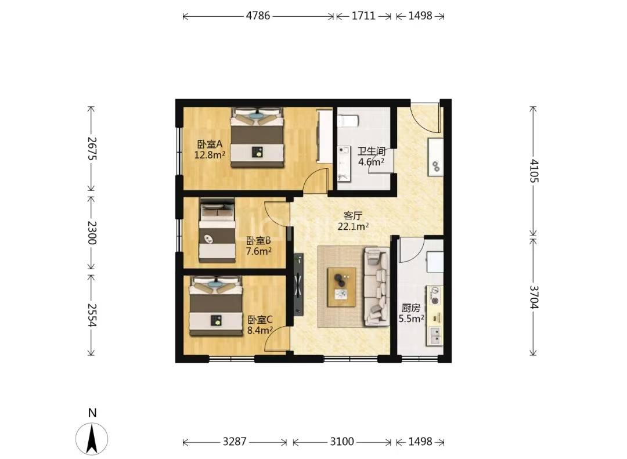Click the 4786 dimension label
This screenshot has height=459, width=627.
tap(258, 16)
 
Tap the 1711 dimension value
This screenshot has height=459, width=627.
tap(363, 16)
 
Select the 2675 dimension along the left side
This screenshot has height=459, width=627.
tap(92, 149)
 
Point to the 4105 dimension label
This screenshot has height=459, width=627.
tap(534, 171)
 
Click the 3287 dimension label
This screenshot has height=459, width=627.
tap(235, 442)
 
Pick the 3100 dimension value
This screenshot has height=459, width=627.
tap(342, 442)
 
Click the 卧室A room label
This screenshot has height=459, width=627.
tap(210, 144)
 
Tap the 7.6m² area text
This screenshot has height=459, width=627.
tap(259, 251)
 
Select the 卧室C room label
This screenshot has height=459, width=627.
tap(260, 320)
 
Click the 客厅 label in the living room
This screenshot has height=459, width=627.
tap(353, 216)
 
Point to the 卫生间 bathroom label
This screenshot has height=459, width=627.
tap(372, 151)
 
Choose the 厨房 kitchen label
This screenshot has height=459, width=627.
tap(411, 308)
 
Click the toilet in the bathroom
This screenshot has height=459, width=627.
tap(348, 121)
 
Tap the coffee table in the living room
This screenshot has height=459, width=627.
tap(341, 287)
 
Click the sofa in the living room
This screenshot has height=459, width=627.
tap(376, 286)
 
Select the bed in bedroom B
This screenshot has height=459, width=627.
tap(217, 230)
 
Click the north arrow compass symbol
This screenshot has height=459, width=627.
tap(92, 439)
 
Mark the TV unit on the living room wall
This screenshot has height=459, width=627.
tap(298, 285)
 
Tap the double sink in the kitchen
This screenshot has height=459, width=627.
tap(435, 335)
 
